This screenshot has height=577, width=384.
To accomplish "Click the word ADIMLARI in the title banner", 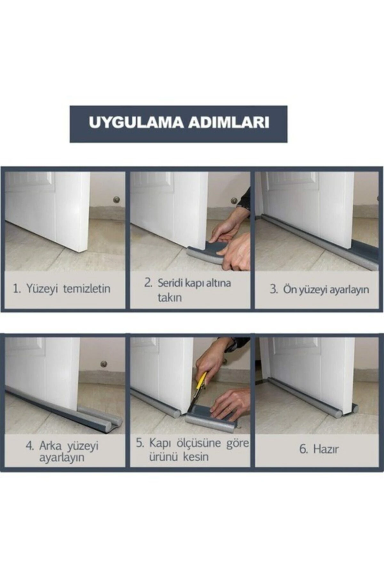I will [x=228, y=123].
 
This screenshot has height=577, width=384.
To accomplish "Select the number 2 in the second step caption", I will [x=148, y=283].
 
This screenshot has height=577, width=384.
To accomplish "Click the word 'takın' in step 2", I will [x=170, y=297].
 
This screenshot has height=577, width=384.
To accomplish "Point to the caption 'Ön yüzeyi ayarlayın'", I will [x=325, y=289].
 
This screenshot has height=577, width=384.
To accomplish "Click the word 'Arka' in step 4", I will [x=50, y=446].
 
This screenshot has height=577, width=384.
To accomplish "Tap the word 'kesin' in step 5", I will [x=196, y=456].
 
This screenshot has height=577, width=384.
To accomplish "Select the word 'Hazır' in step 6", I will [x=325, y=449].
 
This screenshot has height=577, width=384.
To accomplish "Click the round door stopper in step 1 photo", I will [x=116, y=200].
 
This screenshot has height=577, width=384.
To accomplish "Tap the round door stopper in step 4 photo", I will [x=104, y=364].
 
